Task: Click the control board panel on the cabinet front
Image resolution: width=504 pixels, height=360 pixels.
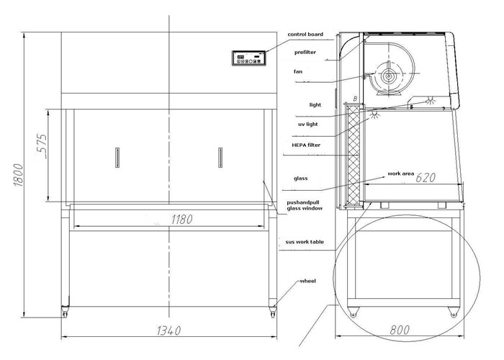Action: [249, 58]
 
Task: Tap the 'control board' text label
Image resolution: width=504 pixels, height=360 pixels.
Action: [305, 34]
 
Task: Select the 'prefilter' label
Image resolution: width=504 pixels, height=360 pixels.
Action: [305, 52]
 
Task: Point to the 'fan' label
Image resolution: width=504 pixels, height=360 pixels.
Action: [298, 71]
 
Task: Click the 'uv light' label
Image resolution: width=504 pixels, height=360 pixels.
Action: [308, 124]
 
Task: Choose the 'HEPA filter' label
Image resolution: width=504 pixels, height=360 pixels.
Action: [306, 145]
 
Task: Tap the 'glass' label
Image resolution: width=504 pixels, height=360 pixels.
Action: [300, 179]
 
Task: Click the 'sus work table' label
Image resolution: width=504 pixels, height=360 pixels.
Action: [305, 242]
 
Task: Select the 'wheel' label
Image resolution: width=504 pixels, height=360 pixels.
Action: [308, 281]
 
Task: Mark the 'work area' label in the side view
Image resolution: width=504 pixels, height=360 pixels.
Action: [401, 174]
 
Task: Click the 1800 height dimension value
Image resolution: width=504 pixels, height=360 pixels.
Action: [19, 175]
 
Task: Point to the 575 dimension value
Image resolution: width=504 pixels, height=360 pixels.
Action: [42, 146]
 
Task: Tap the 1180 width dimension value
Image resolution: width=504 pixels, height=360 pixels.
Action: [182, 220]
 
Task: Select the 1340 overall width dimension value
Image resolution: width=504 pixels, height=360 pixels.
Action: [169, 330]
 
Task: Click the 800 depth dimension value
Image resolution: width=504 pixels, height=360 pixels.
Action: [400, 330]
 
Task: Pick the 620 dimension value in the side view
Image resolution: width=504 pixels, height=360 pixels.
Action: [426, 177]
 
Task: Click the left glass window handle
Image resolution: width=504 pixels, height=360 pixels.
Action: [117, 158]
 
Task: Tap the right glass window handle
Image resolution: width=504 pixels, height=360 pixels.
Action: [220, 158]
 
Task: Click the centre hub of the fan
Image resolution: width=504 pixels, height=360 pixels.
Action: [389, 76]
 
